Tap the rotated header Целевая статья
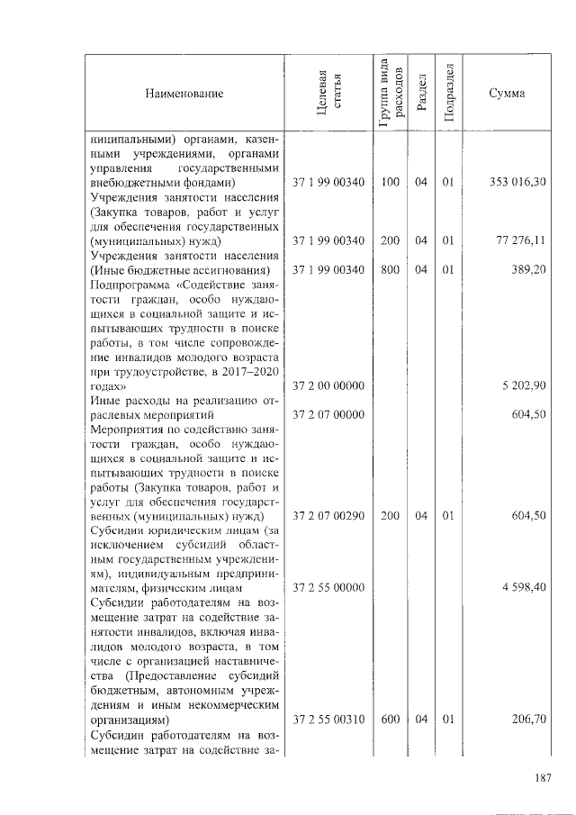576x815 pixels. [328, 93]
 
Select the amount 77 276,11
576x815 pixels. [520, 241]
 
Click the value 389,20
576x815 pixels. [527, 270]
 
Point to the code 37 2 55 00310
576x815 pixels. [328, 720]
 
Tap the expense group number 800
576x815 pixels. [390, 270]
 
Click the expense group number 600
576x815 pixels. [390, 720]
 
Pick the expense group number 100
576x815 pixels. [390, 183]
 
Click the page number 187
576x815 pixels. [541, 779]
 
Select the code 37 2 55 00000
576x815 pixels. [328, 587]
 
